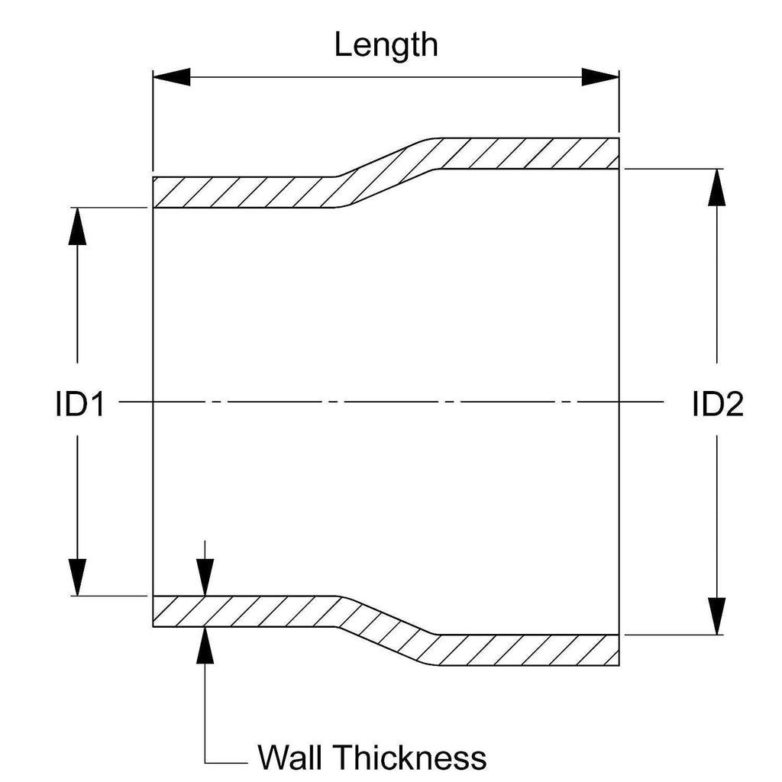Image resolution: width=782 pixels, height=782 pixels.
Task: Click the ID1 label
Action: pyautogui.click(x=79, y=404)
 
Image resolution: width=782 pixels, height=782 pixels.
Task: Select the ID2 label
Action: pyautogui.click(x=717, y=404)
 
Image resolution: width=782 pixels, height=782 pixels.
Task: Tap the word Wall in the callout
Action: pyautogui.click(x=292, y=758)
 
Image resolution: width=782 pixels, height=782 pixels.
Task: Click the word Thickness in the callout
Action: pyautogui.click(x=412, y=758)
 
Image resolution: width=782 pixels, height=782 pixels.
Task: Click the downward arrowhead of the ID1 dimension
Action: pyautogui.click(x=77, y=577)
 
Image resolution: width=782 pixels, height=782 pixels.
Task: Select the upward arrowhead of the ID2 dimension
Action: pyautogui.click(x=716, y=186)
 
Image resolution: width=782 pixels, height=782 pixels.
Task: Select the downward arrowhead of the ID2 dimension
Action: pyautogui.click(x=716, y=616)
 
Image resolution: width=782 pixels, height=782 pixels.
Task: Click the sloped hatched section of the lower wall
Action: pyautogui.click(x=386, y=629)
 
